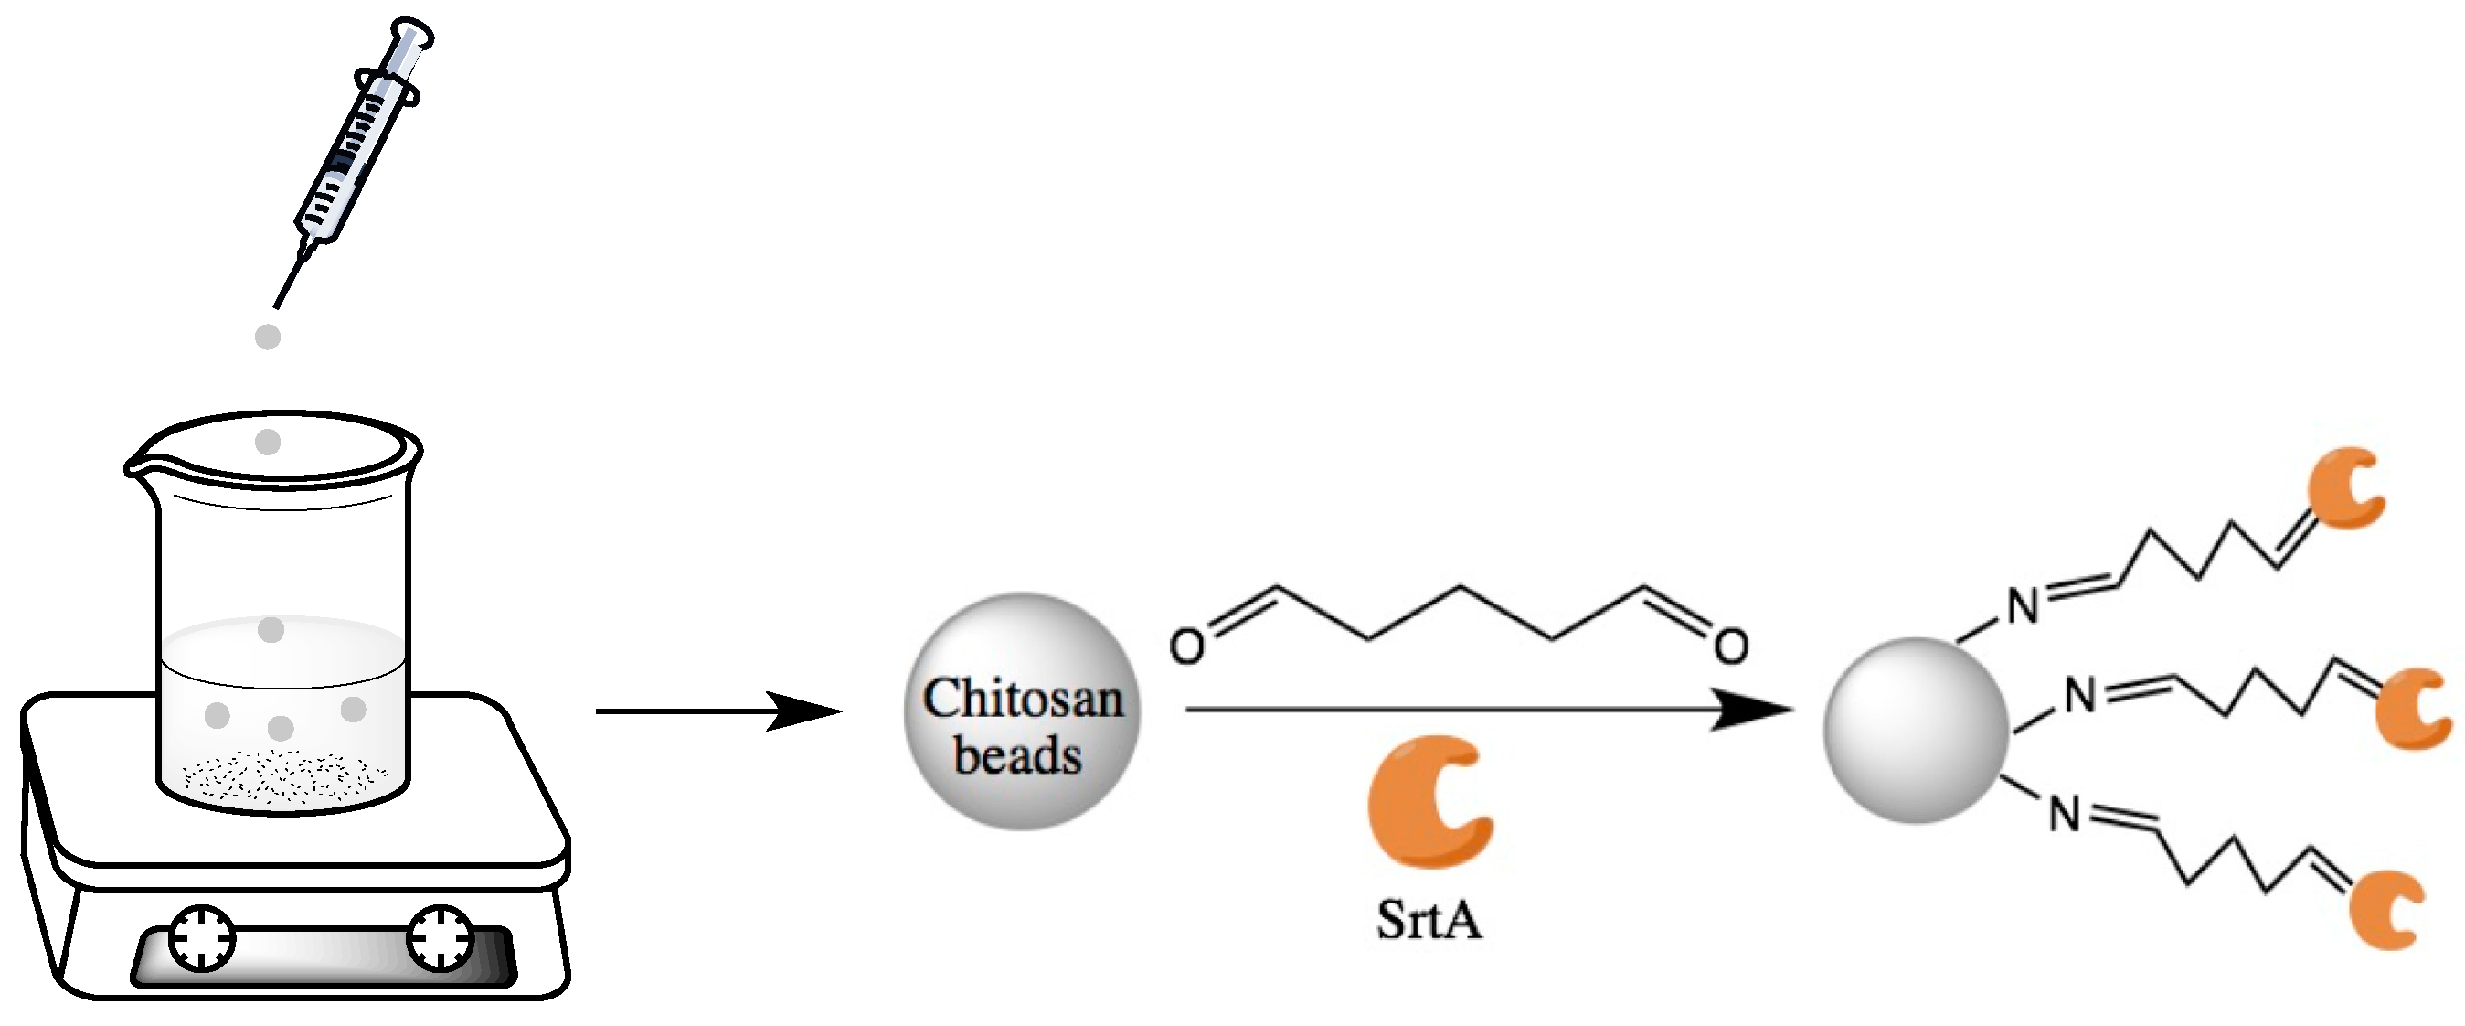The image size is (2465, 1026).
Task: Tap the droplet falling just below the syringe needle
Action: click(268, 337)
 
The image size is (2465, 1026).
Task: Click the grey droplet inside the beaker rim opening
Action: click(268, 443)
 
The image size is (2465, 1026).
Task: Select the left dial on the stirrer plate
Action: click(202, 939)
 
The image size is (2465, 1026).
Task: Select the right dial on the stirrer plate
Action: click(441, 939)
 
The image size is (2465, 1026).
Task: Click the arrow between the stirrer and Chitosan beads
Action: click(717, 711)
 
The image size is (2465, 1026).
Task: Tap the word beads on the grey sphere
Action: click(1018, 756)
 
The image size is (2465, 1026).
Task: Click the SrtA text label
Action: click(1429, 920)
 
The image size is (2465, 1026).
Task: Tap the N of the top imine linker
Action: click(2022, 607)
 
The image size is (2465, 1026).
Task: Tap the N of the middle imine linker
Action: click(2080, 696)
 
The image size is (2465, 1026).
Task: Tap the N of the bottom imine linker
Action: click(2065, 815)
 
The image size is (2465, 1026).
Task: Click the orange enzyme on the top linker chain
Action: click(2344, 488)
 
